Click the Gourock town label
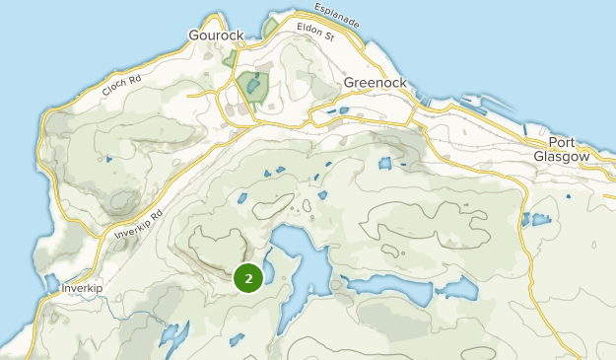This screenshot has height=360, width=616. [216, 35]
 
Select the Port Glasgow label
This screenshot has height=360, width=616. [561, 149]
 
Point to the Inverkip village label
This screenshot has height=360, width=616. [82, 288]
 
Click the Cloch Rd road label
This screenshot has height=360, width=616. [122, 87]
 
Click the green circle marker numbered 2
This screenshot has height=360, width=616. [248, 279]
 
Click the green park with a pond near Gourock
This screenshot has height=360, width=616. [252, 87]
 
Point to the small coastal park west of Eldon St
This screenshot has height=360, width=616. [270, 27]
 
